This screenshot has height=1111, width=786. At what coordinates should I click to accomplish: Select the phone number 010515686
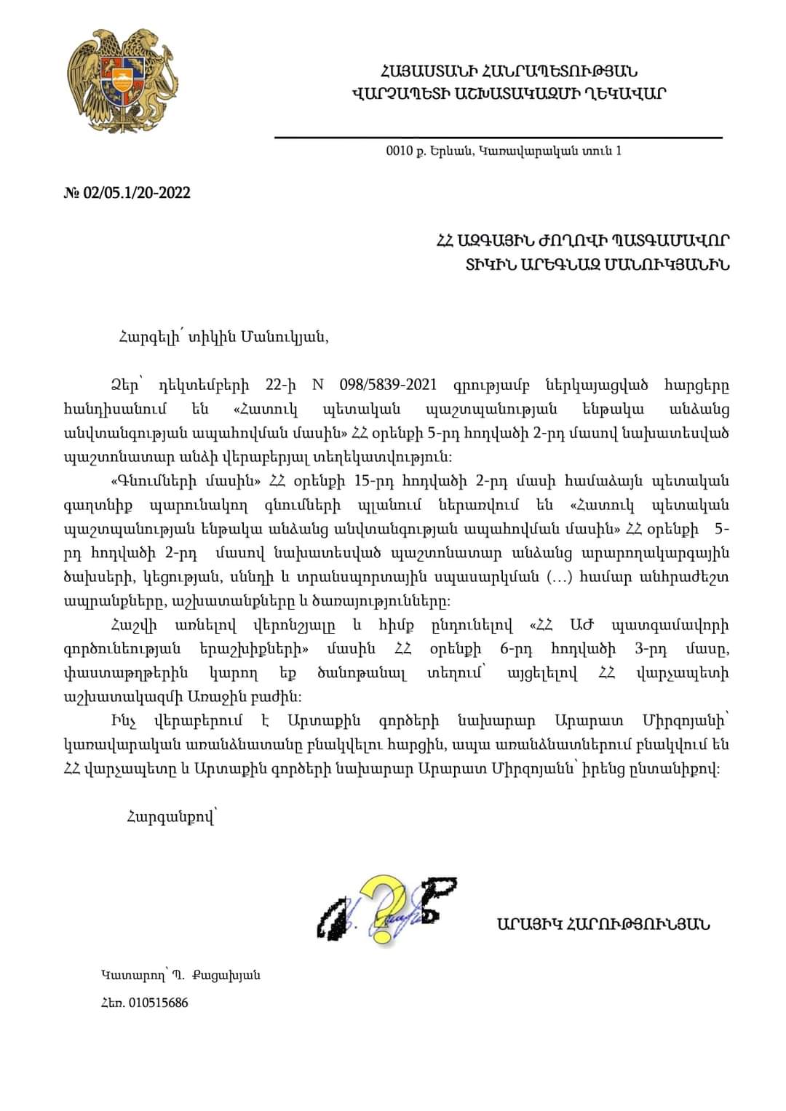click(x=158, y=1003)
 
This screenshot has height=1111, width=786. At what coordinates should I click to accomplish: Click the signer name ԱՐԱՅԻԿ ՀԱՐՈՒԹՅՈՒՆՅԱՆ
click(x=603, y=925)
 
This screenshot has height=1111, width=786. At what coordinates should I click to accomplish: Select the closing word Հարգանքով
click(x=170, y=817)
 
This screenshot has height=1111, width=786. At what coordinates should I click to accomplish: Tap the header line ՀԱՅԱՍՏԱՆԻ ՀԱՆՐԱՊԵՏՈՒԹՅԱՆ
click(x=508, y=71)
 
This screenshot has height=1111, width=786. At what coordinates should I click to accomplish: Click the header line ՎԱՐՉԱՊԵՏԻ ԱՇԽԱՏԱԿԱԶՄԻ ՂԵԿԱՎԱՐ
click(x=508, y=93)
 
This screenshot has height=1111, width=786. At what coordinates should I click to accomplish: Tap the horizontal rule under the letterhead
click(x=499, y=136)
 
